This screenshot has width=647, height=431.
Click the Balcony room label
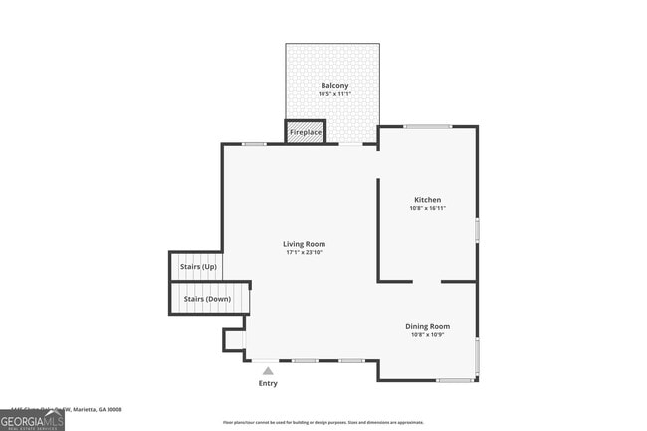click(x=334, y=86)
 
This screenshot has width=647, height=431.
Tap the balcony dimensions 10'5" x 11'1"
click(x=334, y=94)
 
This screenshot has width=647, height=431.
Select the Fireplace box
click(x=306, y=132)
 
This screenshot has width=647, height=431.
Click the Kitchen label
click(x=428, y=200)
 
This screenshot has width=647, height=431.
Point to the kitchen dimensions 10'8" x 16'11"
click(x=428, y=208)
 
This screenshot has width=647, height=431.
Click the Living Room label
click(x=304, y=244)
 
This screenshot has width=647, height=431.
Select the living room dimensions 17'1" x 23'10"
click(x=304, y=252)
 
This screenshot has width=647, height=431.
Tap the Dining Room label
click(x=427, y=326)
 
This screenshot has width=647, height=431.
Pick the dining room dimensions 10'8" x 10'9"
click(x=427, y=334)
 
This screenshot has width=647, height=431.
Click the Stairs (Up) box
click(x=197, y=267)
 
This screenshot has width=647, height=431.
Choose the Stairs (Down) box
click(x=206, y=299)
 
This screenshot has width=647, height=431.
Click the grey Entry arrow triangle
click(x=268, y=371)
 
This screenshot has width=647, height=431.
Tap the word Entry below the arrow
click(x=268, y=383)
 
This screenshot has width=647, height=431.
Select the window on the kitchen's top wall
click(x=427, y=126)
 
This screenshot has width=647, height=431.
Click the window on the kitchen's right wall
click(x=477, y=230)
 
